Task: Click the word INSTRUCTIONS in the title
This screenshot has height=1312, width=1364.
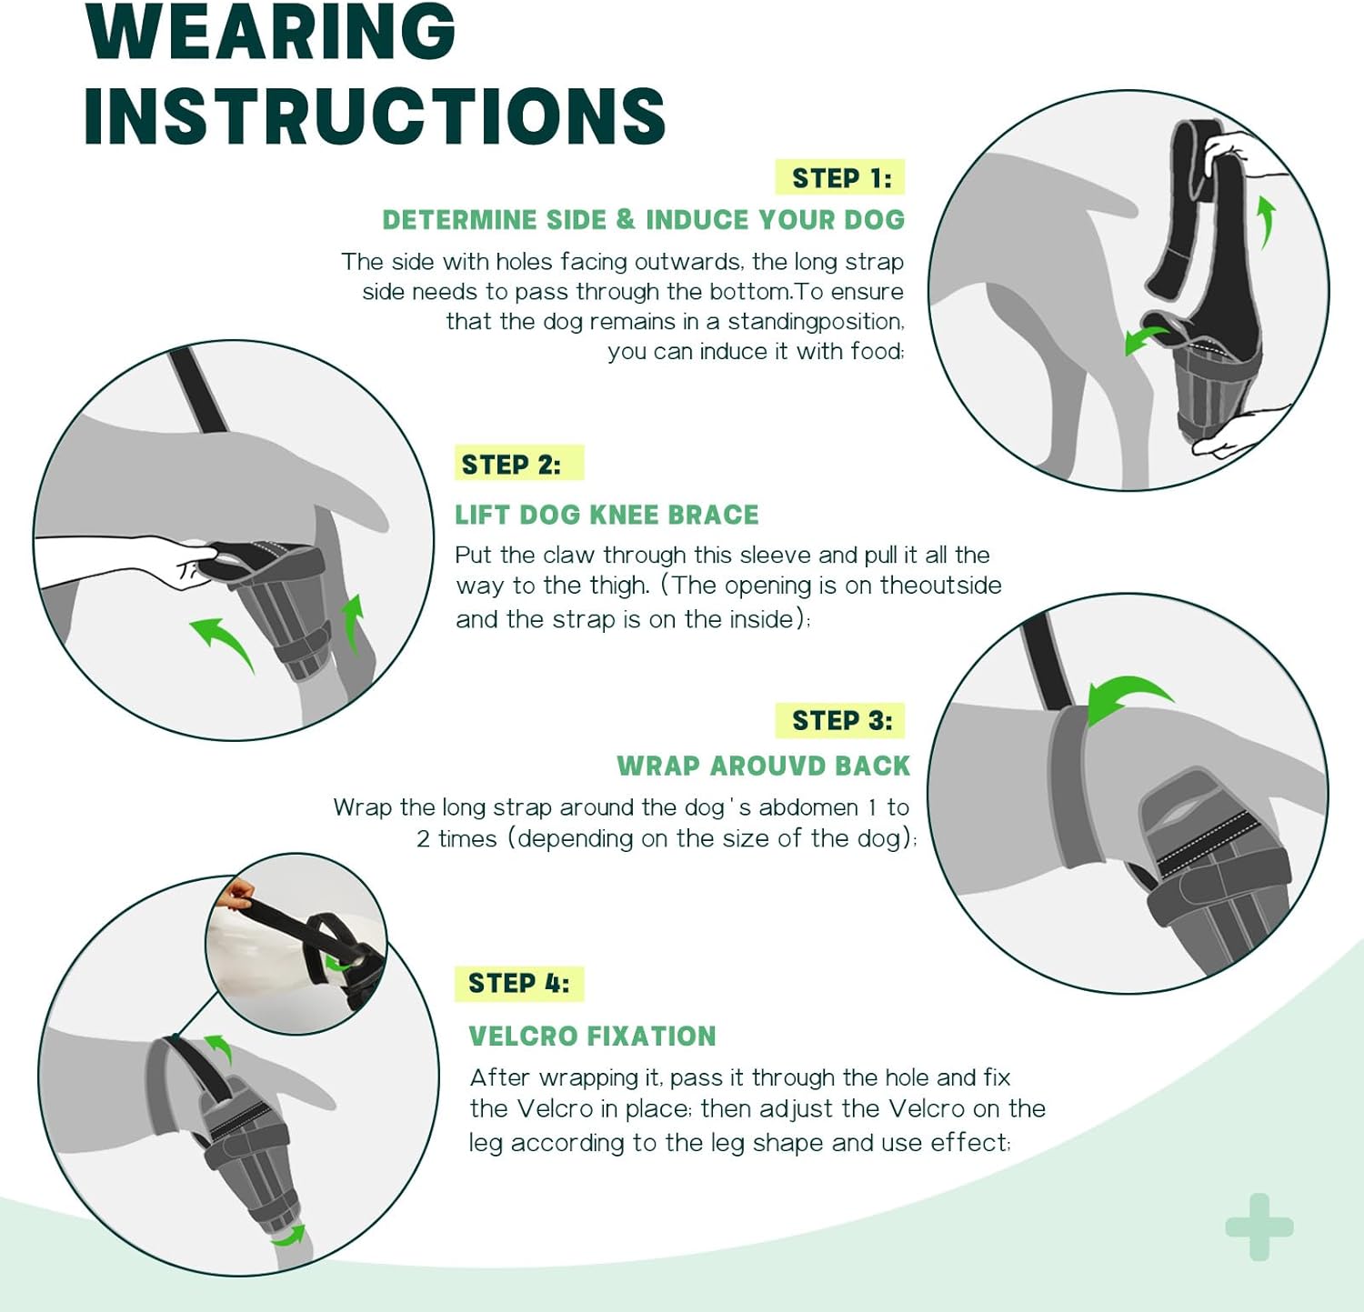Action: point(375,116)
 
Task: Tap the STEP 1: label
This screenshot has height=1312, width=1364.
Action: point(841,178)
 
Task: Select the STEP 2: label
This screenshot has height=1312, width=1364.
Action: point(511,465)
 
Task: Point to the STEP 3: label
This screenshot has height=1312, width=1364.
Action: point(841,721)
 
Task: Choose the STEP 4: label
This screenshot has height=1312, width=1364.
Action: point(518,984)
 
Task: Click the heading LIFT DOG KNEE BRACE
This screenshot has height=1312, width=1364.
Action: point(607,515)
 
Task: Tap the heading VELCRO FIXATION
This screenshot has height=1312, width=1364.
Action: point(592,1036)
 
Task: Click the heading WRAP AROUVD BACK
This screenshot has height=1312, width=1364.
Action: point(763,766)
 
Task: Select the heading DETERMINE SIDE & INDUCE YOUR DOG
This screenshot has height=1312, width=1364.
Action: point(643,220)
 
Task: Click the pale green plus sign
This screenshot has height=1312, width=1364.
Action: point(1259,1227)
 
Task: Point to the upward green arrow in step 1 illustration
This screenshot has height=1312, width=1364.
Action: point(1266,221)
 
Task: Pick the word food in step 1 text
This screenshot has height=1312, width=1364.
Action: point(877,352)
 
